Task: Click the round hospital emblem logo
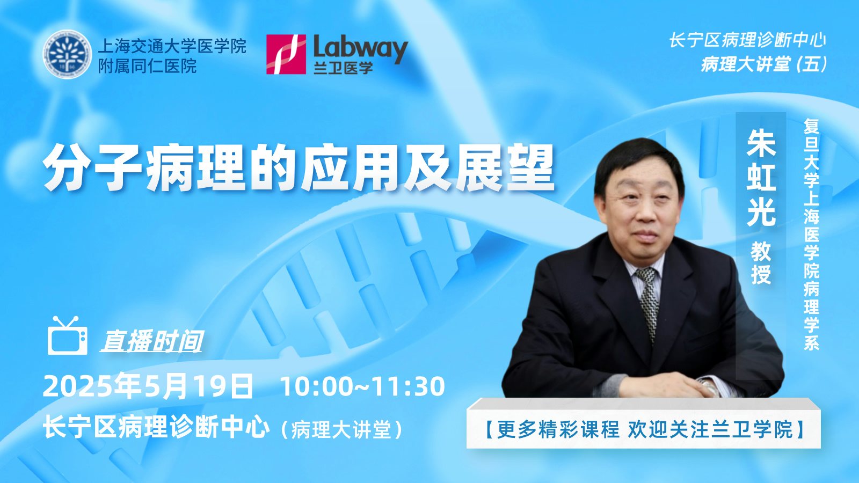(x=67, y=54)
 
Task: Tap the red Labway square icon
(x=286, y=54)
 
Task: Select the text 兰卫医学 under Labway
(x=343, y=68)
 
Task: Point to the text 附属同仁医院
(x=147, y=67)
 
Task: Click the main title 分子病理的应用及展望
(x=299, y=168)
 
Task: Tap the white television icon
(x=68, y=336)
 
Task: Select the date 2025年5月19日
(x=148, y=386)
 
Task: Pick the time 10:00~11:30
(x=363, y=386)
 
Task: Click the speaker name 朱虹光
(x=761, y=178)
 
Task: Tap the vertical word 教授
(x=761, y=262)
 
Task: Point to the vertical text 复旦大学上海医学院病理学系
(x=811, y=234)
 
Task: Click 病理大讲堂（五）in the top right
(x=763, y=64)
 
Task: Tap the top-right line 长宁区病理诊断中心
(x=747, y=40)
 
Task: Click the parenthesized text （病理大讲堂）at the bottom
(x=341, y=429)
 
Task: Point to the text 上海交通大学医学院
(x=172, y=46)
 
